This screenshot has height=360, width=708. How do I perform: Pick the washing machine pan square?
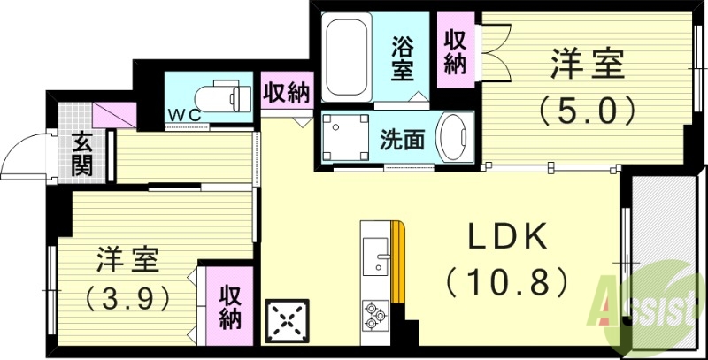[x=341, y=138]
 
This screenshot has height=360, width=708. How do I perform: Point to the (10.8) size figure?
[x=506, y=283]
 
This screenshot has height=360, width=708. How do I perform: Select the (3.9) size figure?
[x=126, y=298]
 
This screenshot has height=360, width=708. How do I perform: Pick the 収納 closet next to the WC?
[x=285, y=93]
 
